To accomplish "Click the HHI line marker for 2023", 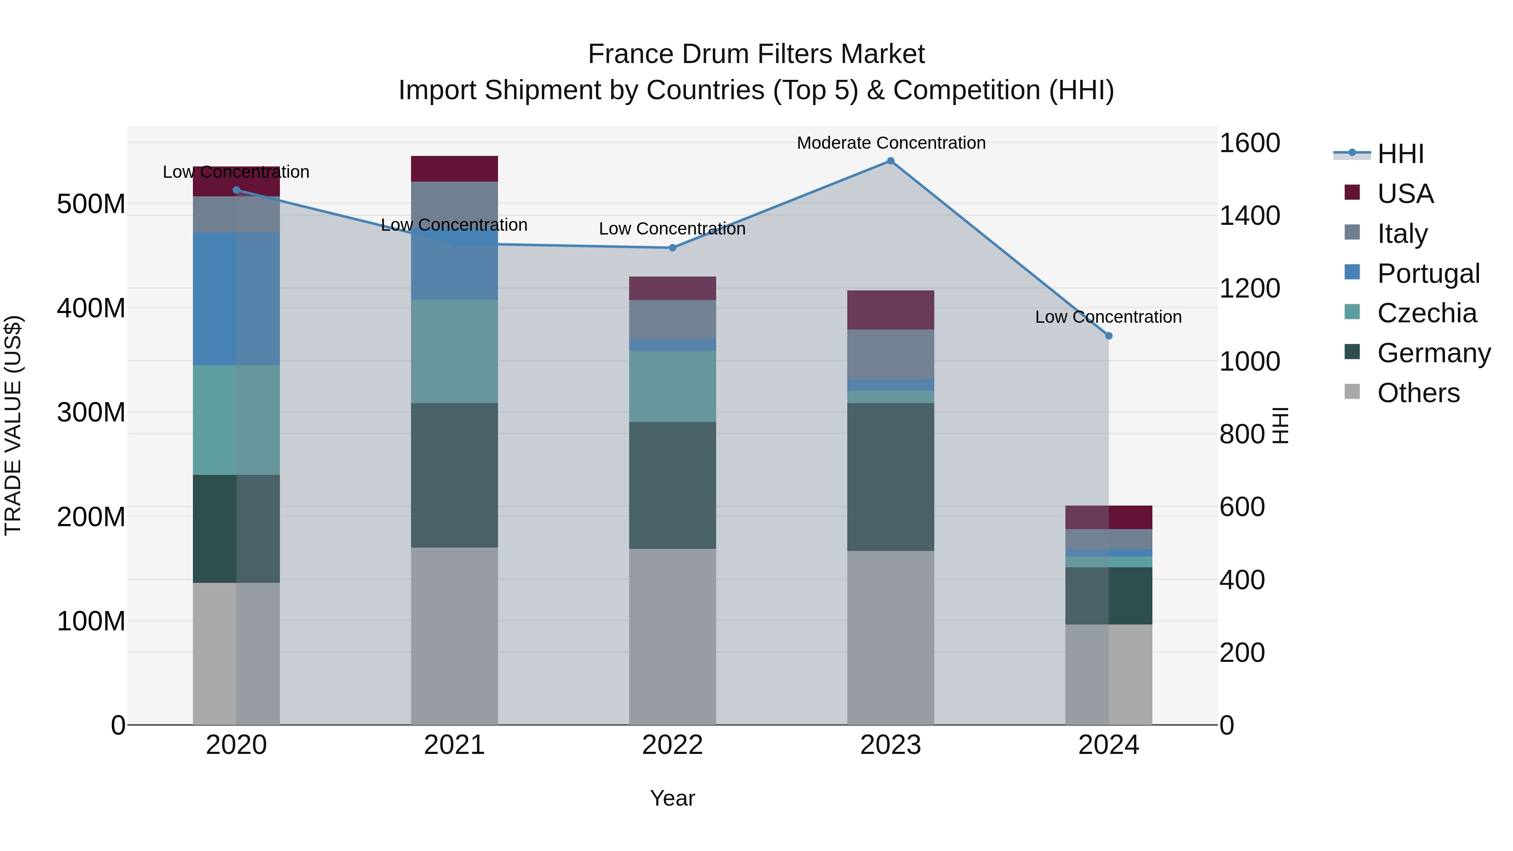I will coord(891,161).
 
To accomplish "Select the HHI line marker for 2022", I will coord(672,248).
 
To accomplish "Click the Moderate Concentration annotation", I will coord(891,143).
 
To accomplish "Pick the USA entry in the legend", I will coord(1405,194).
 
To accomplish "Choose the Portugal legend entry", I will coord(1428,274).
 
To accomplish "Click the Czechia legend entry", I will coord(1426,313).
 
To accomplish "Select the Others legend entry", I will coord(1418,393).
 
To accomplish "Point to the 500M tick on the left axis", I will coord(91,204).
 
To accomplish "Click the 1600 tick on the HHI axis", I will coord(1249,143).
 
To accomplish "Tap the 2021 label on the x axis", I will coord(454,745).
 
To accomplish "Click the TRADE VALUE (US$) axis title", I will coord(13,425).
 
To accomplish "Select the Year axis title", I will coord(672,798).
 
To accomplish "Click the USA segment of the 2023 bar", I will coord(891,309).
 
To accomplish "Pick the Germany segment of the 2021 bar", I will coord(454,475).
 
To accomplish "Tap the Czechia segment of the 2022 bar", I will coord(672,387).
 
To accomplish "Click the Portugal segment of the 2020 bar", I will coord(236,299).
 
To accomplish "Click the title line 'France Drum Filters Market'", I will coord(756,54).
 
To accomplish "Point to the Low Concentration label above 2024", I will coord(1108,317).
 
